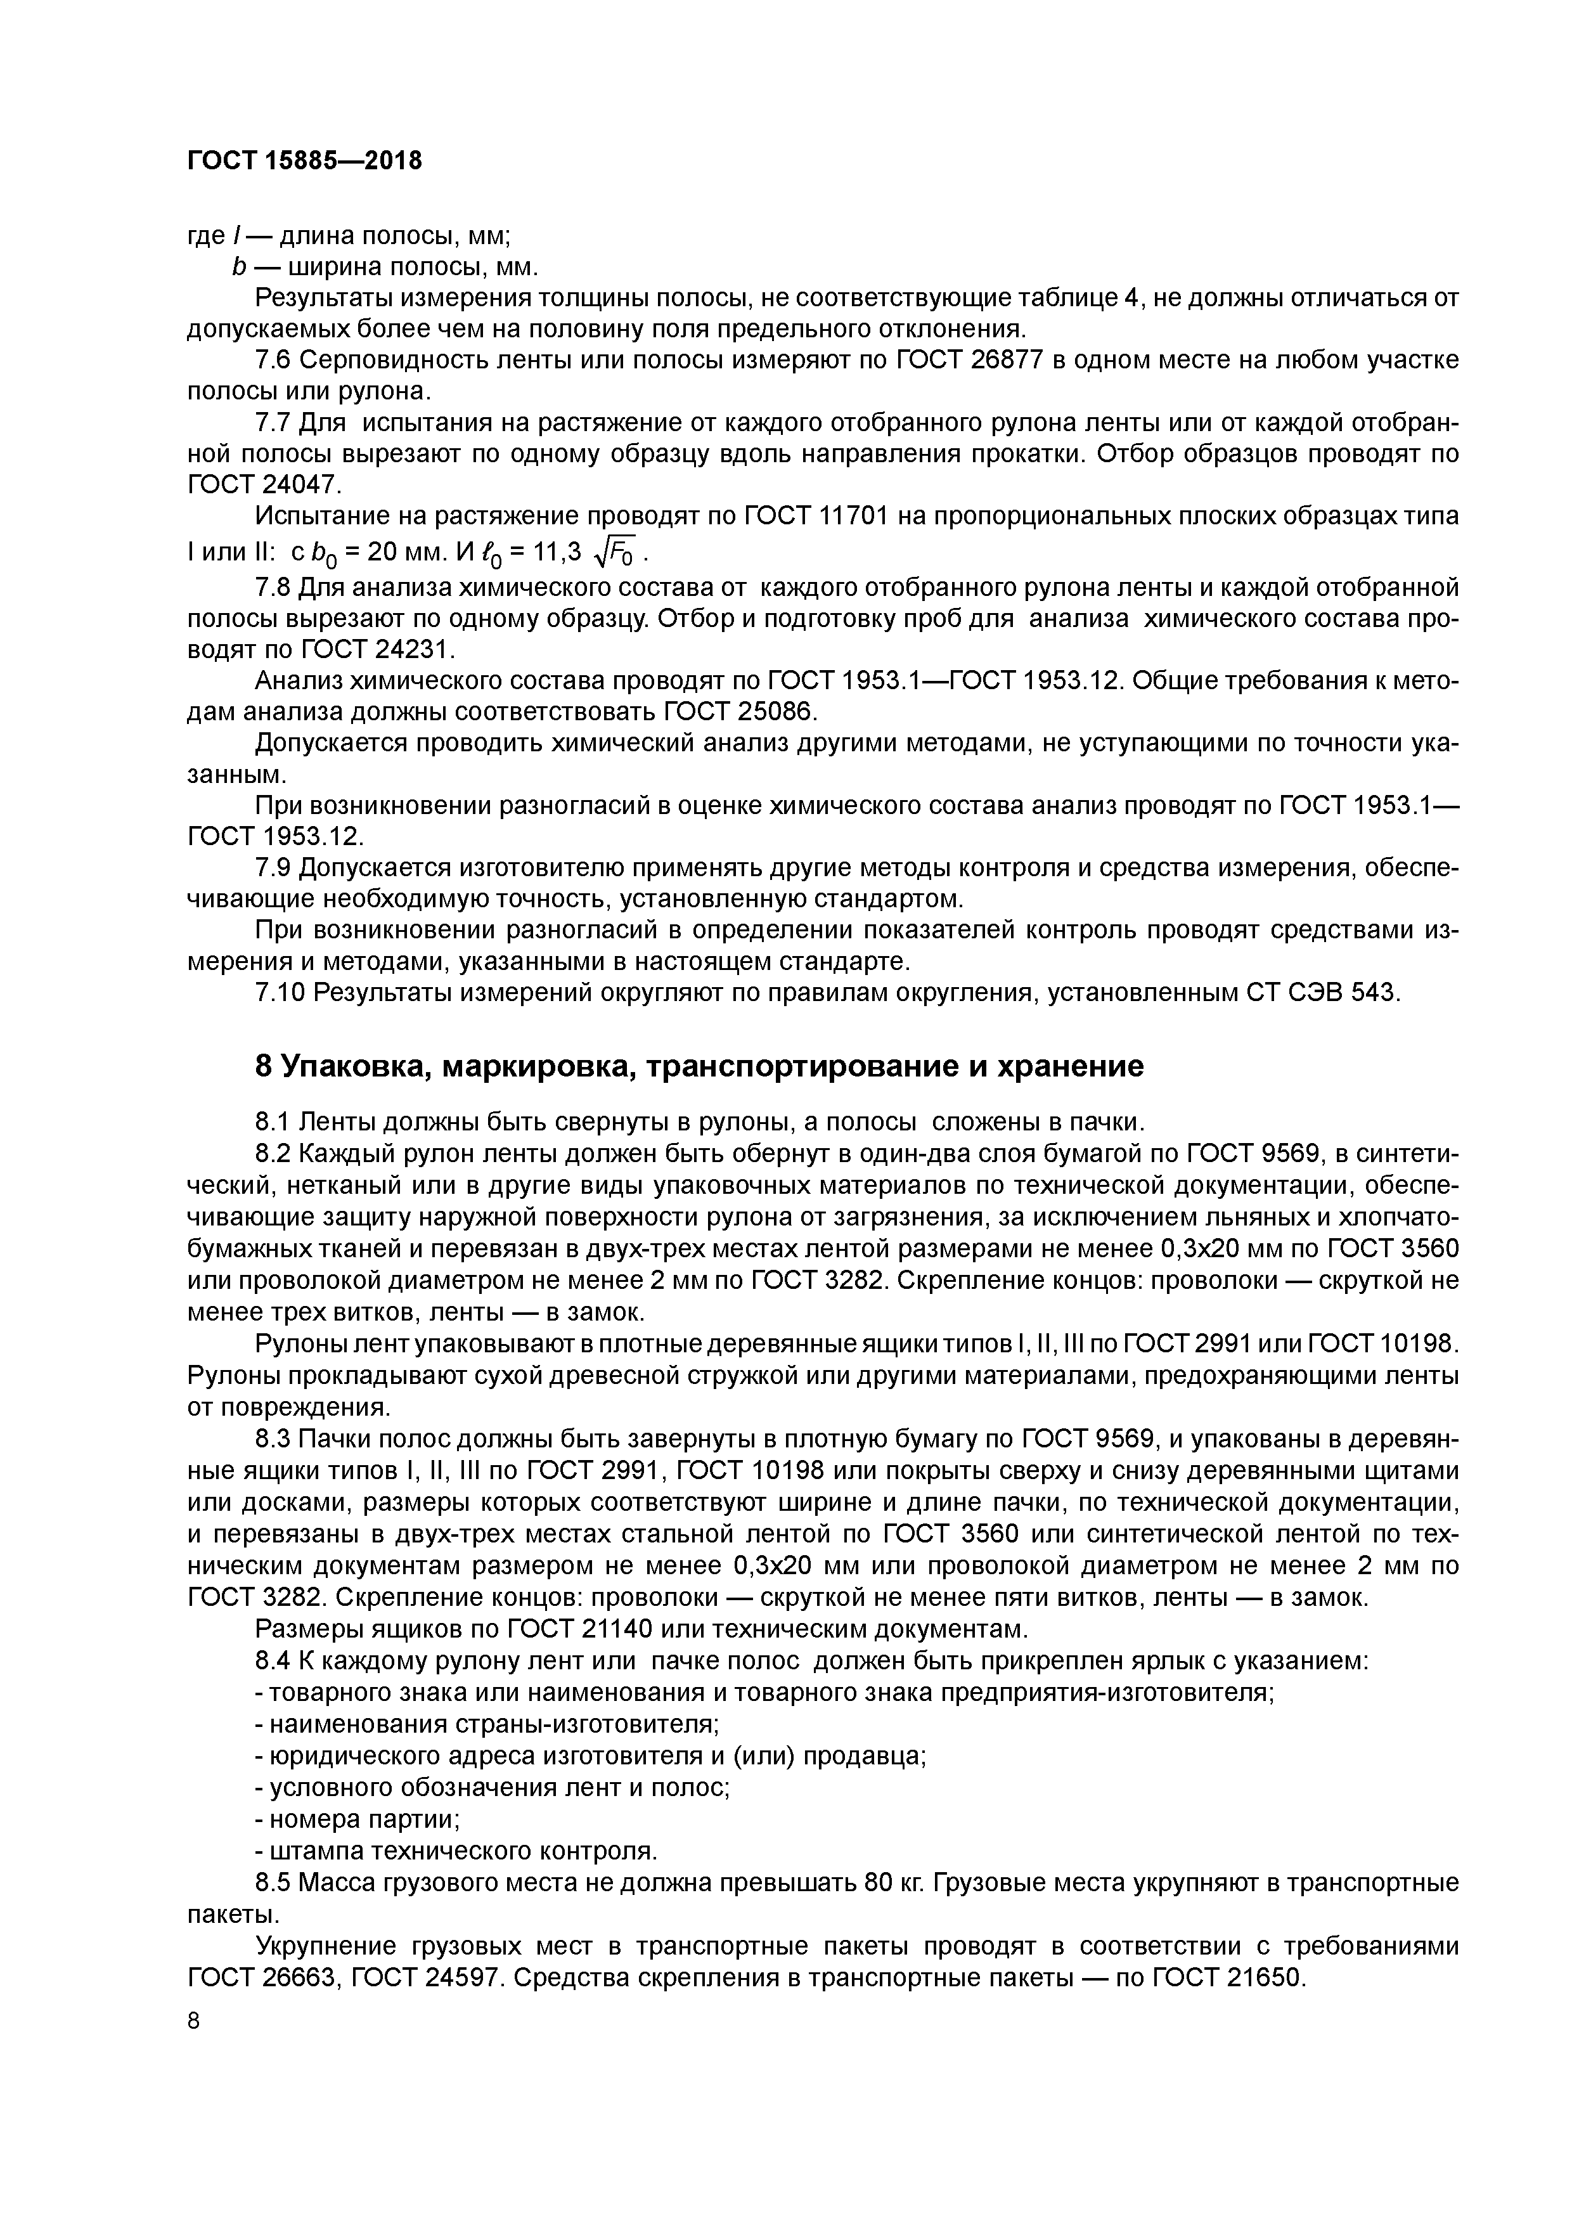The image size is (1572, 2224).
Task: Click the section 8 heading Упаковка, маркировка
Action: pos(699,1066)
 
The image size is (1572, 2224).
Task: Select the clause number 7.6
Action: pos(272,360)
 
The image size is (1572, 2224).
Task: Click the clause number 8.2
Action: pos(272,1154)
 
